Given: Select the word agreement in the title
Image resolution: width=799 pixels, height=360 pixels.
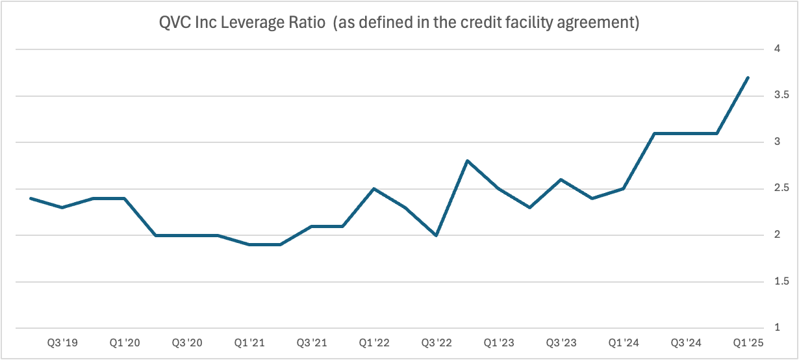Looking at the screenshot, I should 602,24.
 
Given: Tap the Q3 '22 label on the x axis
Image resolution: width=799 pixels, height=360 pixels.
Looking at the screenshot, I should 436,342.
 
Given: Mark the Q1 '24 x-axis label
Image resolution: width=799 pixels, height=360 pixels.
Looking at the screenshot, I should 623,342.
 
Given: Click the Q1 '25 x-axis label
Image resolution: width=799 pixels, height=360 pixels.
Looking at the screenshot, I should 748,342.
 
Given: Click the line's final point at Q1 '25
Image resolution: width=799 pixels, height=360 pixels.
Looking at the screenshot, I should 748,77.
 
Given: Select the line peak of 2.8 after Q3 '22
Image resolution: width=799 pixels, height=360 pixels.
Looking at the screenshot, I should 467,161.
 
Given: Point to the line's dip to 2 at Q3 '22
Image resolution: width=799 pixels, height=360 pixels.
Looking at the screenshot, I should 436,235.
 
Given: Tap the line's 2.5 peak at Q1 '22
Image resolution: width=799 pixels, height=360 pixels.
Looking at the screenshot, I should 374,188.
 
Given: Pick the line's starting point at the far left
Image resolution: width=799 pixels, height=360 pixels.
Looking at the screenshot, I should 31,198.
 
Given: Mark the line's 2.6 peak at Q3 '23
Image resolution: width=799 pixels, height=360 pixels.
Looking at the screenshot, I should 561,179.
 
